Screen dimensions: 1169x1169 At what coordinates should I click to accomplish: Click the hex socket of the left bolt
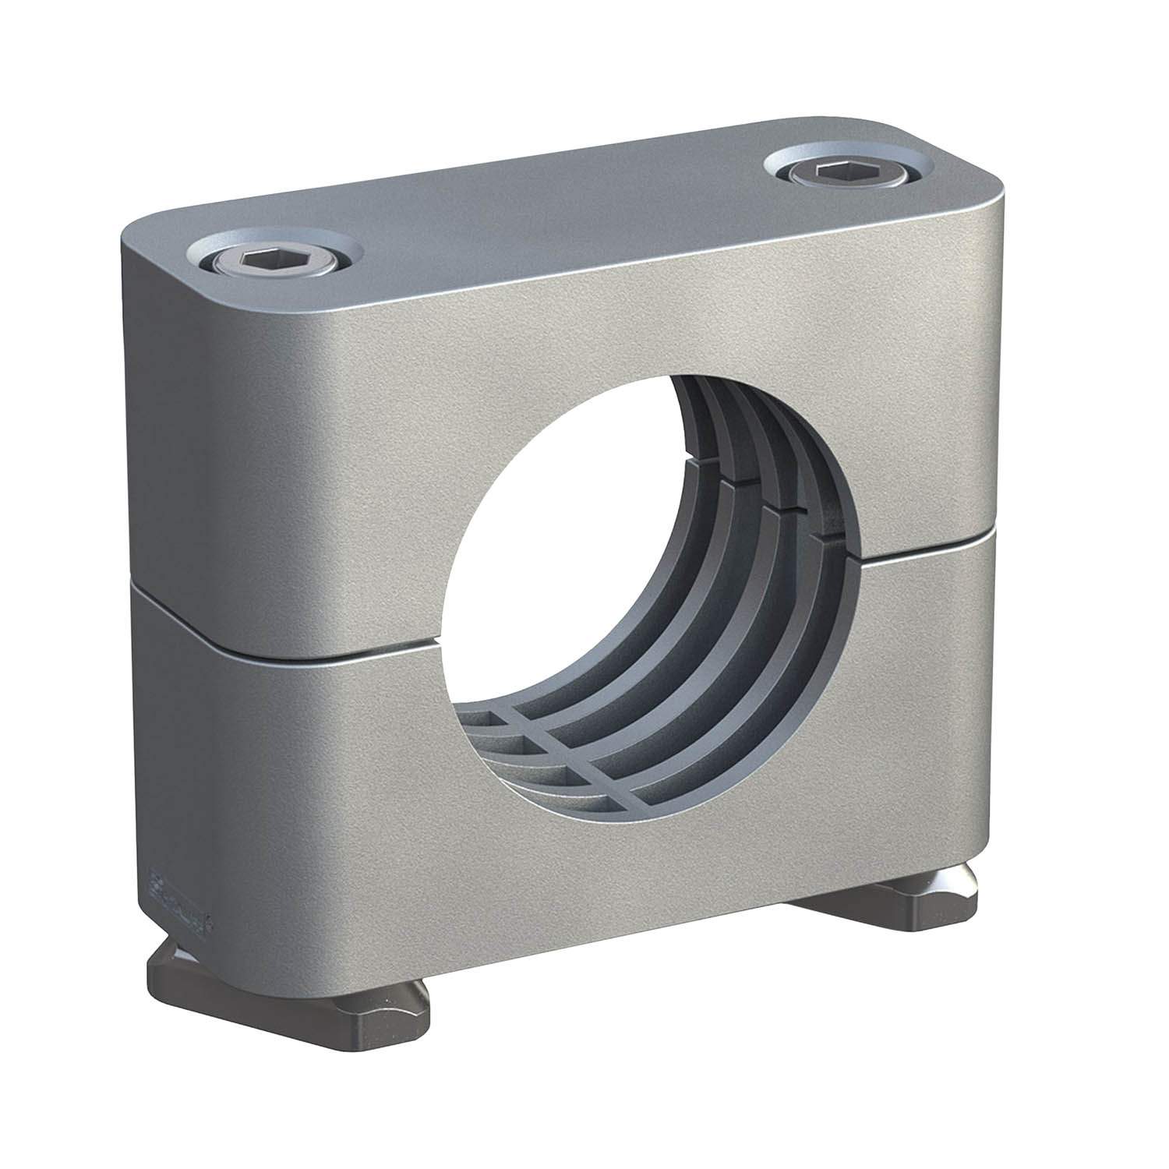(x=254, y=258)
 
